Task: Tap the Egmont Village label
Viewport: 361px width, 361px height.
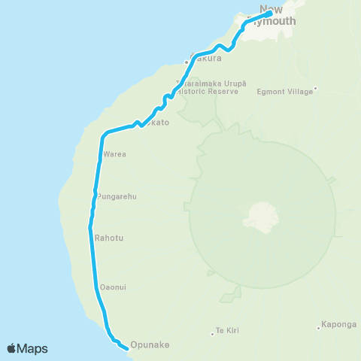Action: [284, 91]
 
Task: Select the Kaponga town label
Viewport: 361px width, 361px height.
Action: [338, 325]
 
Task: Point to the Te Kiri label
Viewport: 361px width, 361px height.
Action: [227, 330]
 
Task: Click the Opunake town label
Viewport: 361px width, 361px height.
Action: [150, 345]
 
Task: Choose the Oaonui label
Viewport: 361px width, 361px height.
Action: [113, 287]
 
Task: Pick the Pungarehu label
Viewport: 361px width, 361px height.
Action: [116, 196]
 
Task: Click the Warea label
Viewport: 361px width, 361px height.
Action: [114, 154]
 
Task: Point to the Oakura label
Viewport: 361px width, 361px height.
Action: [206, 57]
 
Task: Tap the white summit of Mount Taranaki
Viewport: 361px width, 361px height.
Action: [258, 217]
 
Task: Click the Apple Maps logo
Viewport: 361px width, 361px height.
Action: [27, 348]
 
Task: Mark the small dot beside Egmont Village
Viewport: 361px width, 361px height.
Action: [316, 88]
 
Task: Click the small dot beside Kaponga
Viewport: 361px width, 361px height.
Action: [319, 326]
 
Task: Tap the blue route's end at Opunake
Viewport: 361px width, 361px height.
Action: [123, 346]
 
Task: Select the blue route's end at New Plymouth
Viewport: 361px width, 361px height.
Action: [268, 12]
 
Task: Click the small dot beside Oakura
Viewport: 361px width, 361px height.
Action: [187, 62]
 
